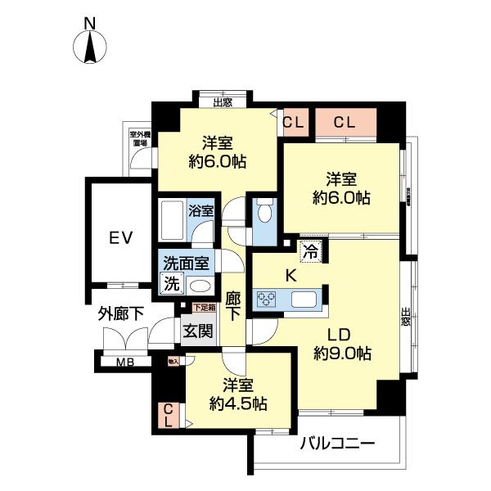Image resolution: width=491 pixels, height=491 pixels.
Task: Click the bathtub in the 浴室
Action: point(173,218)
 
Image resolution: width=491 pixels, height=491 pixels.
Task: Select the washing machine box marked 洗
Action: point(171,285)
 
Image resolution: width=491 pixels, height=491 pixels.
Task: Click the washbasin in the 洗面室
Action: point(199,285)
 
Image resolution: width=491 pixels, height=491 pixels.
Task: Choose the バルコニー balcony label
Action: point(336,444)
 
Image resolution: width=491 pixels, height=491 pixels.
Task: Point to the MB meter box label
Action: point(124,361)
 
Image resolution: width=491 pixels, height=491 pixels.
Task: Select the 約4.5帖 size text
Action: point(238,403)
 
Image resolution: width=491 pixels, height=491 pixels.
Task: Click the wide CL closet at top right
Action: point(344,124)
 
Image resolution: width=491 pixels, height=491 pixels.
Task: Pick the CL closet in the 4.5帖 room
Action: point(167,416)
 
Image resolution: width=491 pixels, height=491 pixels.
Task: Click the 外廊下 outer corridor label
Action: point(122,313)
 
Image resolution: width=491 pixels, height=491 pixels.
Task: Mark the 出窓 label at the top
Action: point(222,102)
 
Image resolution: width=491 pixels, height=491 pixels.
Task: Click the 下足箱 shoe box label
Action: point(204,308)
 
